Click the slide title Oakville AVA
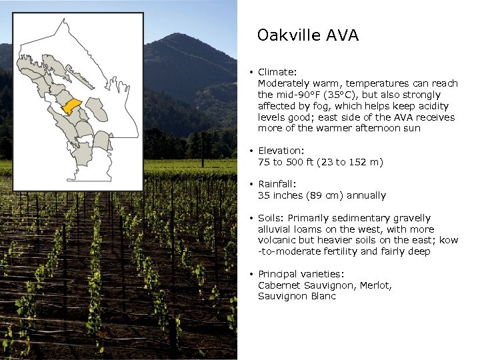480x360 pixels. (x=307, y=35)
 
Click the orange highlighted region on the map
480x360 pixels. (x=71, y=106)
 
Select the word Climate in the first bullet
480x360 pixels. (x=275, y=72)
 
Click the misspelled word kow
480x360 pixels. (x=448, y=240)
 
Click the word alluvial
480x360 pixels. (x=275, y=229)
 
